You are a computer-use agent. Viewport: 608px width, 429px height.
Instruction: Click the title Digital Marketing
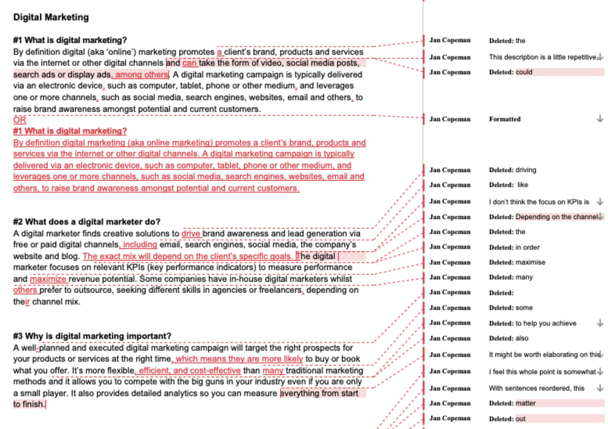50,17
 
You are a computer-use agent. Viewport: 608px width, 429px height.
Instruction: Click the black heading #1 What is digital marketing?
70,40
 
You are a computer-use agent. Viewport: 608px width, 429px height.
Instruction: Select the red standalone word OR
19,120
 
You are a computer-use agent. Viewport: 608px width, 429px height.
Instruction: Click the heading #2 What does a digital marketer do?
87,221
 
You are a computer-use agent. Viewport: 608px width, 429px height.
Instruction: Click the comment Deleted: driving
512,170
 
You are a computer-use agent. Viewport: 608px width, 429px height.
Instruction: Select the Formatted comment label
504,119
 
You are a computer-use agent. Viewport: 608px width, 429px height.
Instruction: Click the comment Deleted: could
511,72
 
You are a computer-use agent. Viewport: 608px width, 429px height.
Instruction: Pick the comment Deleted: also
509,339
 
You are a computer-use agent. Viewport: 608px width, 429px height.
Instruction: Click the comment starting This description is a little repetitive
542,57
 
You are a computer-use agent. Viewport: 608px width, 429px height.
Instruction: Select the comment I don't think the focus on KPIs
539,202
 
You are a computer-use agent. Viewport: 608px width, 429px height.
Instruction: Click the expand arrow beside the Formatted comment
600,119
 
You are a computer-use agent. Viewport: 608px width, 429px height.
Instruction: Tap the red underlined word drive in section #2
191,233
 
